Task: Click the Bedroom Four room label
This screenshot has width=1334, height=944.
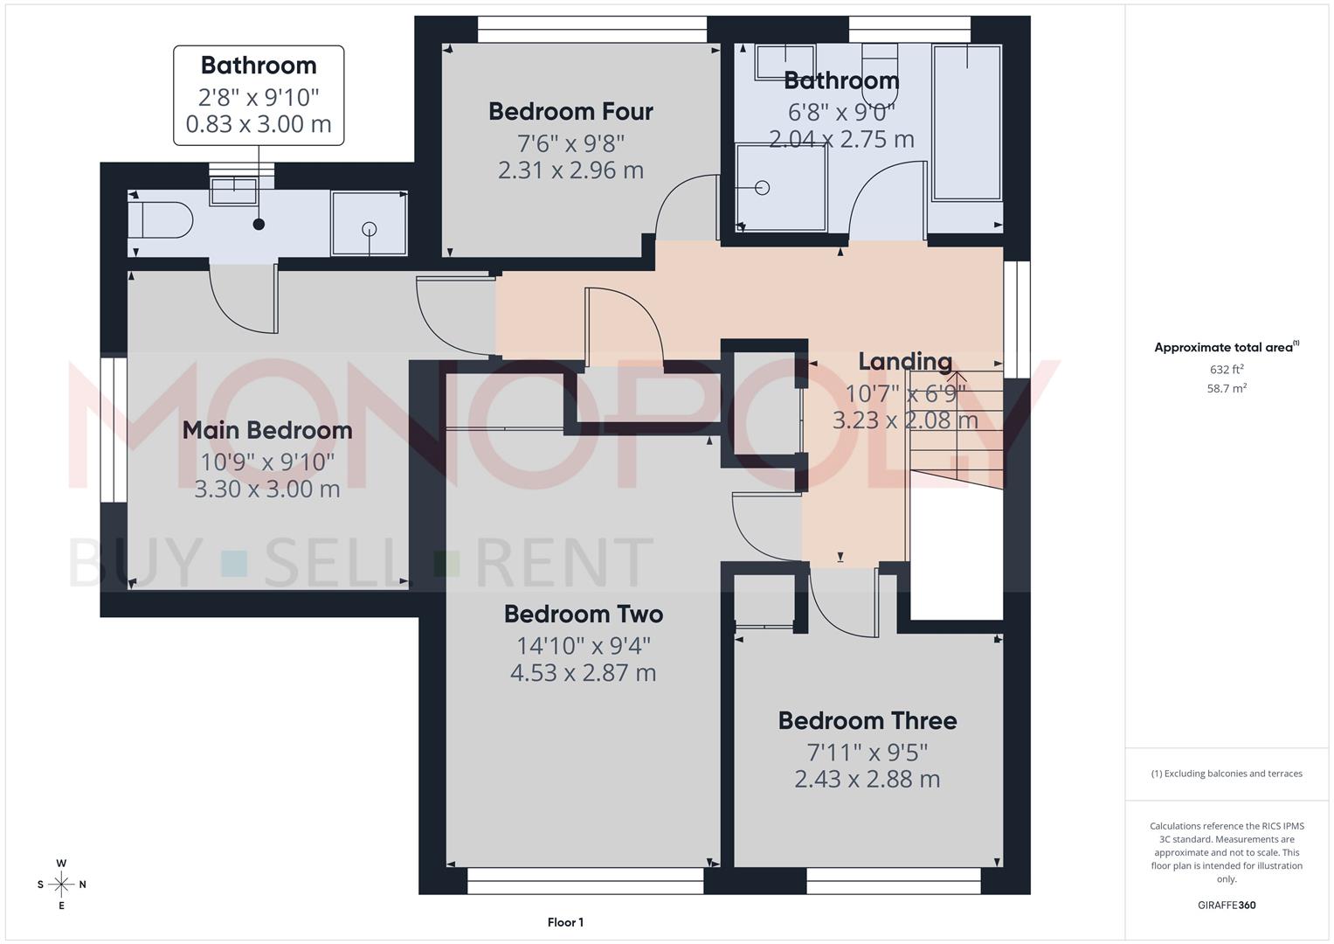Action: click(570, 112)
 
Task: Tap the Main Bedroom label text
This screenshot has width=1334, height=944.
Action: click(267, 430)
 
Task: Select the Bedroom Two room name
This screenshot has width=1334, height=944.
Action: click(584, 614)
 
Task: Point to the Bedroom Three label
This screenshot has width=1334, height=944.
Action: click(867, 721)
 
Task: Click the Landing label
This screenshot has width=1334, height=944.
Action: click(904, 362)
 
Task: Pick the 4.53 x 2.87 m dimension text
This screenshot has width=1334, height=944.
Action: click(583, 673)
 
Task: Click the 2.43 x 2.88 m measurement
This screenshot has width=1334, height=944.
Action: click(867, 780)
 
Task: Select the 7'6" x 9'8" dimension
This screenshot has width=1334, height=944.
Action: click(570, 142)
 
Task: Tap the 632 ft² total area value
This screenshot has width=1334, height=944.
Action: click(1226, 370)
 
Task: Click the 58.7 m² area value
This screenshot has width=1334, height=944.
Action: click(1226, 389)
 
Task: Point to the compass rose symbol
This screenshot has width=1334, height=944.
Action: click(61, 885)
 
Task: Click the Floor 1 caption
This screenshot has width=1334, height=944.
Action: click(565, 922)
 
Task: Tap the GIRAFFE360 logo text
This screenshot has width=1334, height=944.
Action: click(1226, 906)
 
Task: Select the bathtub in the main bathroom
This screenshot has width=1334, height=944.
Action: click(966, 122)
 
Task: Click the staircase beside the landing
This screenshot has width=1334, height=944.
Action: click(954, 428)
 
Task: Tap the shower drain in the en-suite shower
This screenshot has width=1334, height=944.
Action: click(370, 230)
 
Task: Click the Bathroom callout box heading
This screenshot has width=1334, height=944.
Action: click(259, 66)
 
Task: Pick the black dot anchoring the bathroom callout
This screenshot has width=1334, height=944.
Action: click(259, 225)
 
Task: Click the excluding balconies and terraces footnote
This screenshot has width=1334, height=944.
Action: click(1226, 774)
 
